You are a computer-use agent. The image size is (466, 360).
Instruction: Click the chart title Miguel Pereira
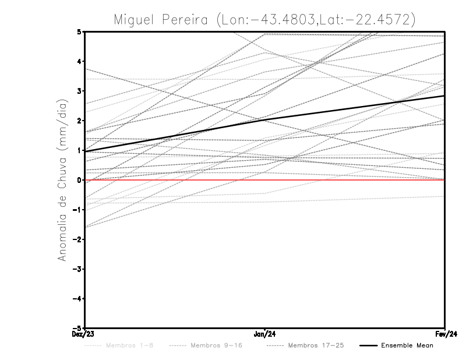(x=264, y=19)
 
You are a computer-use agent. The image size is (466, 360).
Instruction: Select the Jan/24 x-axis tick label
(x=265, y=334)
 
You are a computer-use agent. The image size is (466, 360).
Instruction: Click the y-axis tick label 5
(x=80, y=31)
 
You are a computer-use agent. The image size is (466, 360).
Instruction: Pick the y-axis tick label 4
(x=80, y=61)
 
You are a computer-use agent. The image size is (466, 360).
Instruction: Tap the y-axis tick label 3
(x=80, y=91)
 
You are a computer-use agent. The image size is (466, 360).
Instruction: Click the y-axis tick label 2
(x=80, y=121)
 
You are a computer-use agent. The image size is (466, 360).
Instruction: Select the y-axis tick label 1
(x=80, y=150)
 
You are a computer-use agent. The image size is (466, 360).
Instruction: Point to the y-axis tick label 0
(x=80, y=180)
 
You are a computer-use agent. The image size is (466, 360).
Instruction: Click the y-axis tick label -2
(x=78, y=239)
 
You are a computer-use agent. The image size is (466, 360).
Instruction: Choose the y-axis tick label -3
(x=78, y=269)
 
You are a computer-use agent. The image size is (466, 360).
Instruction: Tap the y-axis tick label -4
(x=78, y=299)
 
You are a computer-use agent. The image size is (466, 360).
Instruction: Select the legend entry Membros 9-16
(x=216, y=345)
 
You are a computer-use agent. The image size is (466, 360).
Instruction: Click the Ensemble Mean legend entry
(x=407, y=345)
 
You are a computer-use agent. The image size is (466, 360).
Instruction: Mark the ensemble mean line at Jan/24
(x=265, y=119)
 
